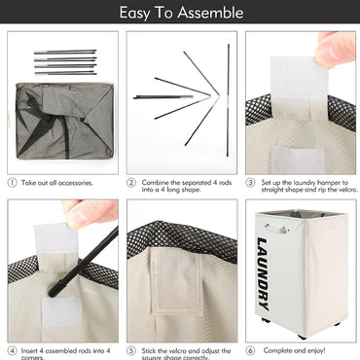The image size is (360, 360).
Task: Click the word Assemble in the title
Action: pyautogui.click(x=210, y=13)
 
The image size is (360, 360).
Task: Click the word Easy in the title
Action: pyautogui.click(x=135, y=13)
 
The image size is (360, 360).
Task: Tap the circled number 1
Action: pyautogui.click(x=12, y=183)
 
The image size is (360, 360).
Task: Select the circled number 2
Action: pyautogui.click(x=131, y=183)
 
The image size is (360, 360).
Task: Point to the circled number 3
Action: pyautogui.click(x=250, y=183)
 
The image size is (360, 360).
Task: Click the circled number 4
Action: pyautogui.click(x=12, y=351)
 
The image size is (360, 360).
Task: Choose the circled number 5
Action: pyautogui.click(x=131, y=351)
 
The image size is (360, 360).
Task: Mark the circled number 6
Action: pyautogui.click(x=250, y=350)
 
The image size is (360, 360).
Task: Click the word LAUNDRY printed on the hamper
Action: pyautogui.click(x=263, y=274)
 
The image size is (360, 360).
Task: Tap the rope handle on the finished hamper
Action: pyautogui.click(x=276, y=229)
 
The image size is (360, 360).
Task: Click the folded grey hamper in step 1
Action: pyautogui.click(x=64, y=121)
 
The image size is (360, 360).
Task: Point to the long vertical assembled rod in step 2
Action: pyautogui.click(x=228, y=100)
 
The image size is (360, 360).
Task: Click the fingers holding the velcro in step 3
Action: pyautogui.click(x=336, y=49)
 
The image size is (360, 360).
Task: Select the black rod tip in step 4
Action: pyautogui.click(x=54, y=291)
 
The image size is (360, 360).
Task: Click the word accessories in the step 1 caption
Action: pyautogui.click(x=76, y=183)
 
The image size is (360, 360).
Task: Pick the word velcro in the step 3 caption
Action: pyautogui.click(x=347, y=190)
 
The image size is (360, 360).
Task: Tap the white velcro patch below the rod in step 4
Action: pyautogui.click(x=61, y=311)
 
